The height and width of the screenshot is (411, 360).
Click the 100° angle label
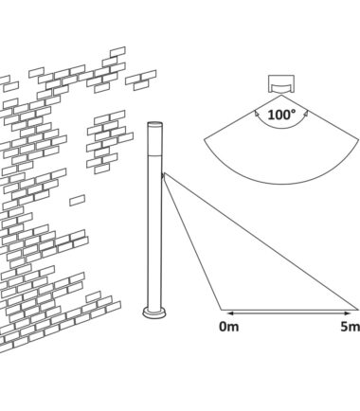click(x=281, y=115)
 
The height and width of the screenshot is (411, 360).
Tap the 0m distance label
click(x=229, y=327)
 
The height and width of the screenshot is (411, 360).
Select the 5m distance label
click(x=351, y=327)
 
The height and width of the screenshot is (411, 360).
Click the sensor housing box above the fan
click(x=281, y=83)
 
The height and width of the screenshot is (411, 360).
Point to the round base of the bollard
click(x=154, y=313)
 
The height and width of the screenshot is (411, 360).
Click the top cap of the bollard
click(x=155, y=124)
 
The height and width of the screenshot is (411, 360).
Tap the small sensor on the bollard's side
click(x=163, y=176)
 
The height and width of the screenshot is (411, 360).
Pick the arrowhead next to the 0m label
click(x=230, y=313)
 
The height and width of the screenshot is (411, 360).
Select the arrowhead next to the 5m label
click(x=347, y=313)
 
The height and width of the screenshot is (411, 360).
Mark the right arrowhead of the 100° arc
click(x=306, y=113)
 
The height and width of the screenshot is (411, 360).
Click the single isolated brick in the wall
click(x=78, y=201)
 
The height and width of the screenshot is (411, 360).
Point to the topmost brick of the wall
click(x=117, y=52)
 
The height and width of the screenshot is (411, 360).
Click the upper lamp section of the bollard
click(x=155, y=140)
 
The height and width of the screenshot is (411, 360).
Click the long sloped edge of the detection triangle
click(x=261, y=241)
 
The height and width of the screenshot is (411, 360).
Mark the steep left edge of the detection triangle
click(x=192, y=241)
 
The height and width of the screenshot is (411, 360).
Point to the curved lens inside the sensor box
click(x=281, y=86)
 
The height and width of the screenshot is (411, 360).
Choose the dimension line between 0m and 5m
click(x=289, y=313)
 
